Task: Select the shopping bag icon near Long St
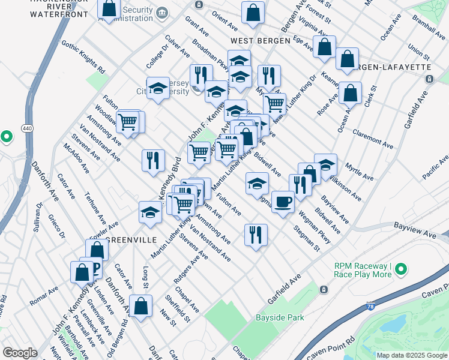click(140, 306)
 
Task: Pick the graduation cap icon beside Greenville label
click(150, 211)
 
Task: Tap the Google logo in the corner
click(20, 352)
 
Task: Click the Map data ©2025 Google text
click(411, 355)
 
